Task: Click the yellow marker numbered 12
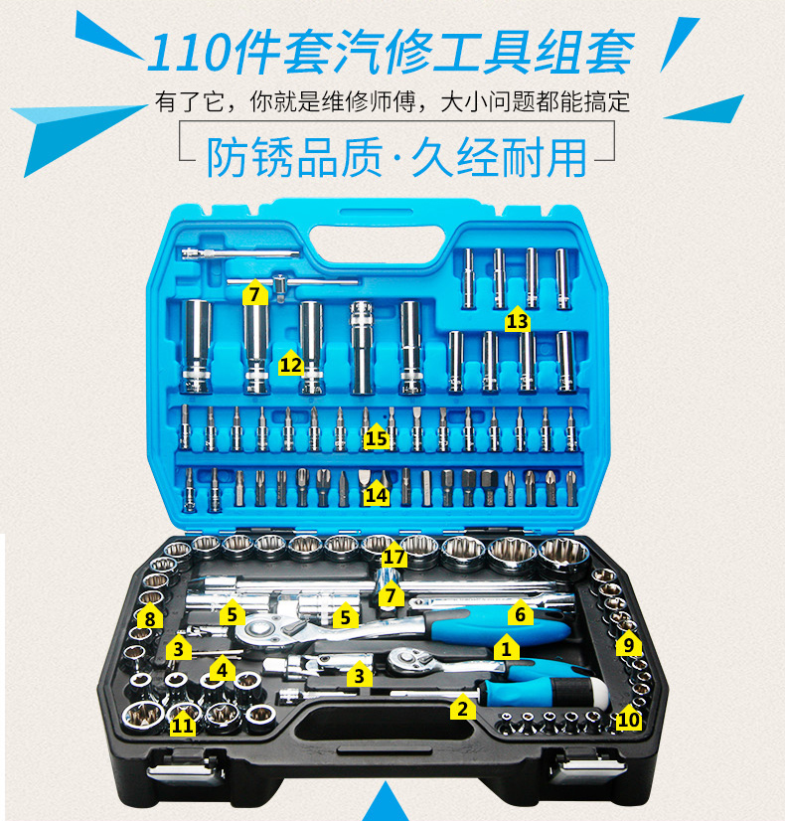point(290,364)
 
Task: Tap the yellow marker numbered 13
point(517,320)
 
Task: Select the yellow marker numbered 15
point(375,436)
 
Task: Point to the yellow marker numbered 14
point(375,493)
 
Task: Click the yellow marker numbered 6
point(520,614)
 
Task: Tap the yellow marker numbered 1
point(507,649)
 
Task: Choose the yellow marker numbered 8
point(150,618)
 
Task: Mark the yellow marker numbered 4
point(627,644)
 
